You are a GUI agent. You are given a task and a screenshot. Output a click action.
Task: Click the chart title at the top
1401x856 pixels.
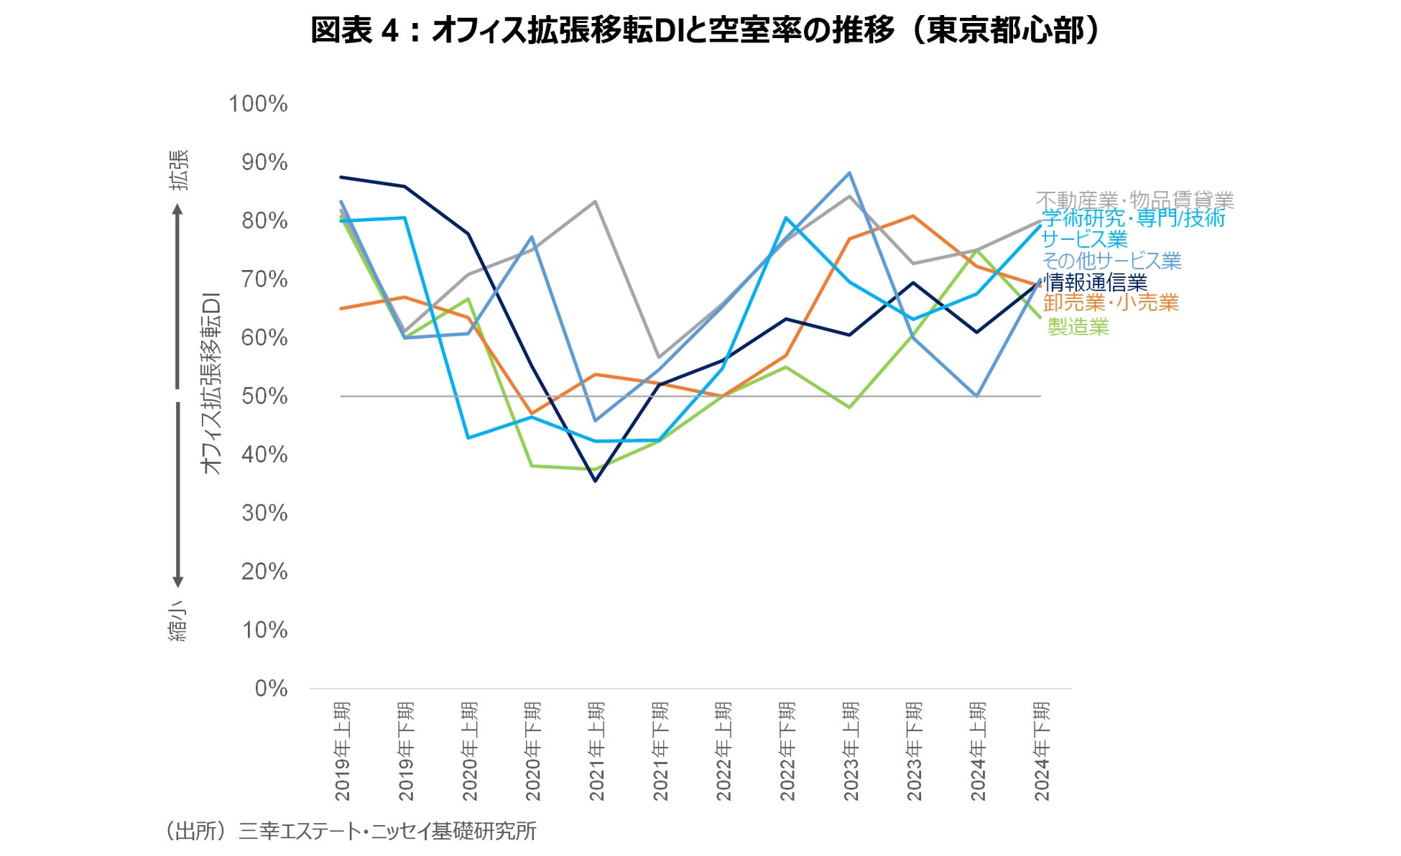pyautogui.click(x=705, y=31)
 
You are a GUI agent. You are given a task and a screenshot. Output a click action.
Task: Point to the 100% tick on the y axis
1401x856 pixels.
pyautogui.click(x=258, y=104)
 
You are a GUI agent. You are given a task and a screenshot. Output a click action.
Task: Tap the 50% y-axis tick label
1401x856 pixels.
pyautogui.click(x=264, y=396)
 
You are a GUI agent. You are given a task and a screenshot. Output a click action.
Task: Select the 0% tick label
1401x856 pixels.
pyautogui.click(x=271, y=689)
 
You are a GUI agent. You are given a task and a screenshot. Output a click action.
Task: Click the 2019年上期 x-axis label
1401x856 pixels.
pyautogui.click(x=343, y=751)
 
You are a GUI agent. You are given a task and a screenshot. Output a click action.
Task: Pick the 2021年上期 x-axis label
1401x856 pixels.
pyautogui.click(x=597, y=751)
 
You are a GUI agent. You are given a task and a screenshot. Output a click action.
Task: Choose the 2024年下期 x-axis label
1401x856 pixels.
pyautogui.click(x=1042, y=751)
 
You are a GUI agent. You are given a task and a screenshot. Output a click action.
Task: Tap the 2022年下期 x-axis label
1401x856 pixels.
pyautogui.click(x=787, y=751)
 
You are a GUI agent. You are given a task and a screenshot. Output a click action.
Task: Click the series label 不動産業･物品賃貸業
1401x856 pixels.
pyautogui.click(x=1134, y=200)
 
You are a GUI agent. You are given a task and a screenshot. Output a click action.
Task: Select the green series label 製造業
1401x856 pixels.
pyautogui.click(x=1078, y=327)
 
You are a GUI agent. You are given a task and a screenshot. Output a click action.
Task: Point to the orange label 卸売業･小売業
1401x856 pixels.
pyautogui.click(x=1111, y=303)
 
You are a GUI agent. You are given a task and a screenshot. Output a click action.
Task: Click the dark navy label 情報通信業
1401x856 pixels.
pyautogui.click(x=1095, y=282)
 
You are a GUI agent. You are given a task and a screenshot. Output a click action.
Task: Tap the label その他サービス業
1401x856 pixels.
pyautogui.click(x=1111, y=261)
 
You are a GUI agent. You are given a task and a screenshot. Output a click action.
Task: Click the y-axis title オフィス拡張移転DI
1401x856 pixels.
pyautogui.click(x=211, y=383)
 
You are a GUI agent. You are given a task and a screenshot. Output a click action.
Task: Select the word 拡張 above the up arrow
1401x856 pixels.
pyautogui.click(x=179, y=170)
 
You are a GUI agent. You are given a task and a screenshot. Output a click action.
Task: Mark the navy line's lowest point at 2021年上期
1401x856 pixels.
pyautogui.click(x=596, y=481)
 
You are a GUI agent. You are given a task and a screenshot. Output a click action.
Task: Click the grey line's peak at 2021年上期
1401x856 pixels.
pyautogui.click(x=595, y=202)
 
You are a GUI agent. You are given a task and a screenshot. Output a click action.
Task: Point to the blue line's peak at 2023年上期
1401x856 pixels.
pyautogui.click(x=849, y=173)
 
